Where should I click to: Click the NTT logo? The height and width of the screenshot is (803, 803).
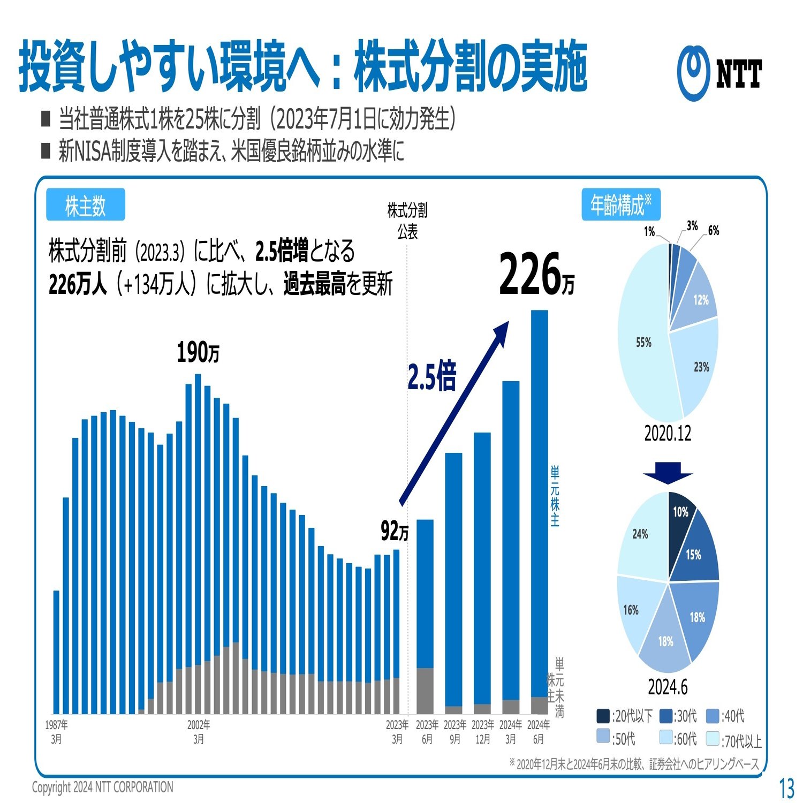coord(719,74)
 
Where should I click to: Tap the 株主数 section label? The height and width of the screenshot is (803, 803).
coord(86,204)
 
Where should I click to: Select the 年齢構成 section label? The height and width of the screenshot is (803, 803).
coord(620,204)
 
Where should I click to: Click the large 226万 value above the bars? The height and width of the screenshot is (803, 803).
coord(536,275)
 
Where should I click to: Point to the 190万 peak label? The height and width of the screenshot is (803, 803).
coord(198,353)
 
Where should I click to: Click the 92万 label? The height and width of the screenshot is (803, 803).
coord(395,531)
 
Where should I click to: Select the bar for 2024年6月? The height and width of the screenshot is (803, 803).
coord(539,503)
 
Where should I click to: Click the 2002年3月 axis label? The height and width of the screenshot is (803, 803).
coord(199,732)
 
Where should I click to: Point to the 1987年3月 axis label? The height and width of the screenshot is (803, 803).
coord(56,732)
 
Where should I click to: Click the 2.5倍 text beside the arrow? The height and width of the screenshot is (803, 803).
coord(431,376)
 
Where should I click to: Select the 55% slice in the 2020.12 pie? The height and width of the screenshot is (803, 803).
coord(643,343)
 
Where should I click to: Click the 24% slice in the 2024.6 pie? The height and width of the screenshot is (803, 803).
coord(641,535)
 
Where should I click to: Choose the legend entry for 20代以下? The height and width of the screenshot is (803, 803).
coord(624,716)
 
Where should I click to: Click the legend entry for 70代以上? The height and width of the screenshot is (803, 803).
coord(733,740)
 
